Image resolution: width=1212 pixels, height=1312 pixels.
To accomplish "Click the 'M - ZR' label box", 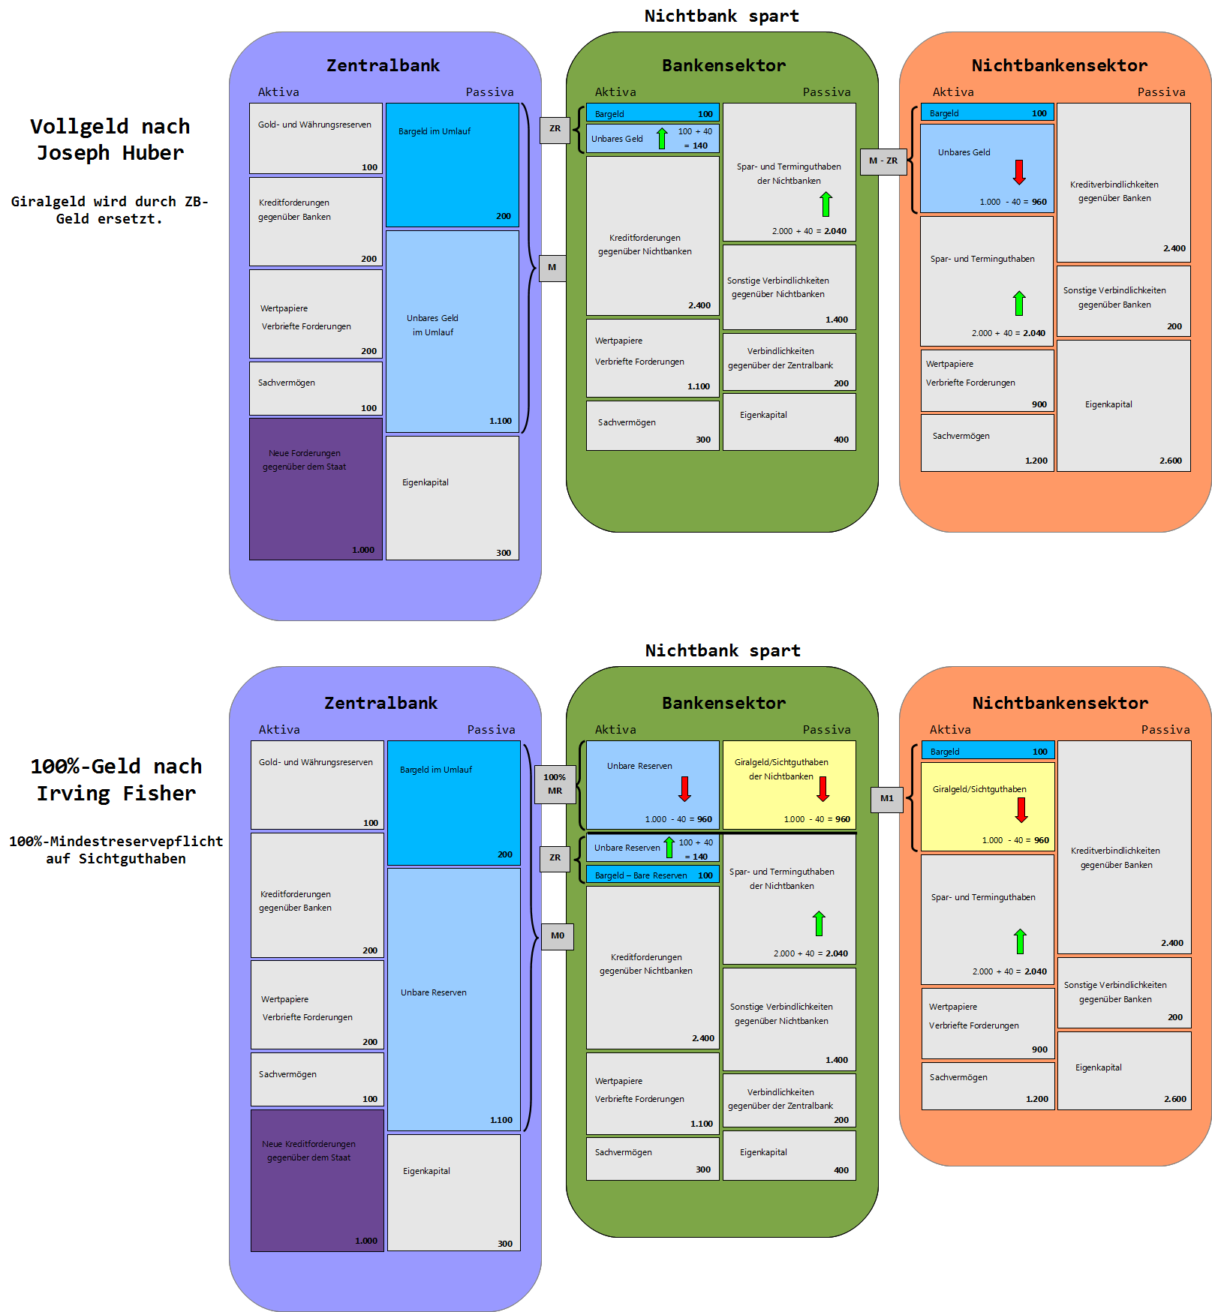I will tap(883, 161).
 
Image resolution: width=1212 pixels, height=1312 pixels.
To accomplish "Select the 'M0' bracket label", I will tap(557, 936).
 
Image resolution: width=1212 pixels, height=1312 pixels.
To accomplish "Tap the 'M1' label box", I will tap(886, 799).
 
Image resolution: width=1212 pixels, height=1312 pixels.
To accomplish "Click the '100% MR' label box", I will tap(555, 784).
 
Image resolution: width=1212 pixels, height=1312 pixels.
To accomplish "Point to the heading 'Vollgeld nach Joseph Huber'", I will tap(110, 140).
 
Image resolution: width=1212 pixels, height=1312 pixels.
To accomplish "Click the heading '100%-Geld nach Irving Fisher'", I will tap(116, 779).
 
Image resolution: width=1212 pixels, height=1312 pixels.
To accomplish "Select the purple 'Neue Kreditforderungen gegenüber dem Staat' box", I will tap(317, 1180).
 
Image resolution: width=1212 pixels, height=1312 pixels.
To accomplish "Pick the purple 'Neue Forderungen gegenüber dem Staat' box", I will tap(315, 489).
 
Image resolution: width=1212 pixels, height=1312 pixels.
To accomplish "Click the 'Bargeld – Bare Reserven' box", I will tap(652, 875).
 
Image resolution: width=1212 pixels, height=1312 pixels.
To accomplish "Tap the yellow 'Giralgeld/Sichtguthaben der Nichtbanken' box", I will tap(789, 785).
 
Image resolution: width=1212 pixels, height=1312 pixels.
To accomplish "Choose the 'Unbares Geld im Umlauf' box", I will tap(452, 331).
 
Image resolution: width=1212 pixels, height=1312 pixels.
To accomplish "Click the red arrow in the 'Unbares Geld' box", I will tap(1018, 173).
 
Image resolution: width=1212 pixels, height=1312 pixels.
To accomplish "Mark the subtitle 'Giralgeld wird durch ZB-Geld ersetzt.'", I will tap(110, 210).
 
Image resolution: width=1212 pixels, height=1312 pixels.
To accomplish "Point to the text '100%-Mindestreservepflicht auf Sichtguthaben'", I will tap(116, 850).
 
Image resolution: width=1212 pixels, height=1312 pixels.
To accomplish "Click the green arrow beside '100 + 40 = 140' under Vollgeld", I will tap(662, 139).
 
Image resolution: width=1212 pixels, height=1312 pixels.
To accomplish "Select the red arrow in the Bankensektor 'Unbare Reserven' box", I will tap(684, 788).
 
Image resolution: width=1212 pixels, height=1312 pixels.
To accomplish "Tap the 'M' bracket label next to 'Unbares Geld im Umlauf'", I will tap(552, 268).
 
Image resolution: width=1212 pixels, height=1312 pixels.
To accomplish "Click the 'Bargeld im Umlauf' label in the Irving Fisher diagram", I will tap(436, 770).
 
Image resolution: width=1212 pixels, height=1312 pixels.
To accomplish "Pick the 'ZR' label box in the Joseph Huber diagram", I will tap(555, 129).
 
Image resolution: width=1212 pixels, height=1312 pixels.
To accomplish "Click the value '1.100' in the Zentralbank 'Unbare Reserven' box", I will tap(501, 1120).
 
